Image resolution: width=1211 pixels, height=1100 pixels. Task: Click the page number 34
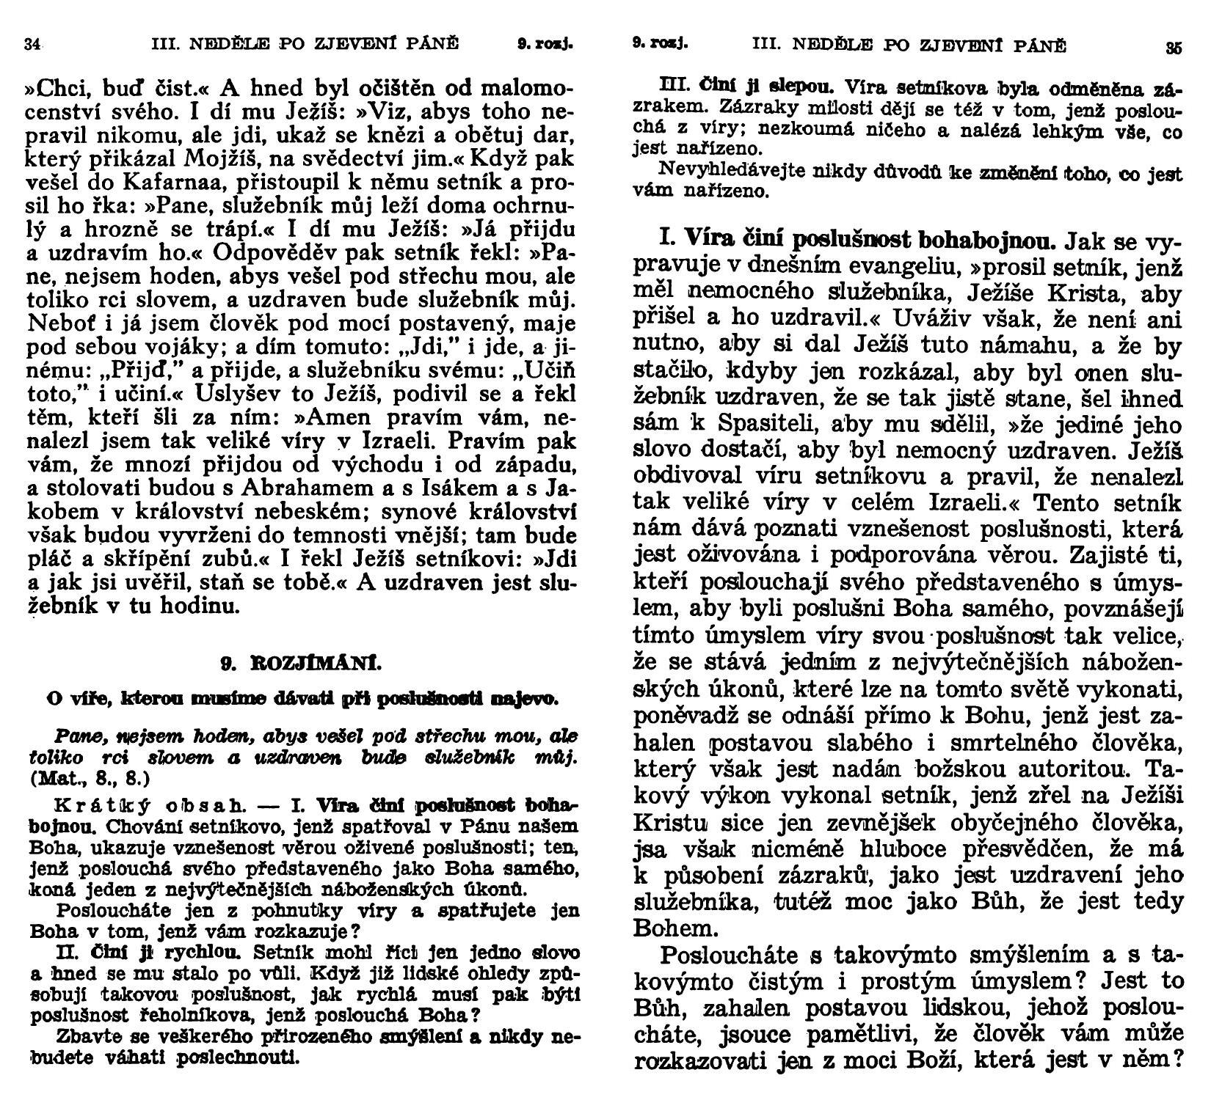tap(31, 44)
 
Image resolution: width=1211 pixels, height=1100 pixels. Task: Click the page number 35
tap(1174, 48)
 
